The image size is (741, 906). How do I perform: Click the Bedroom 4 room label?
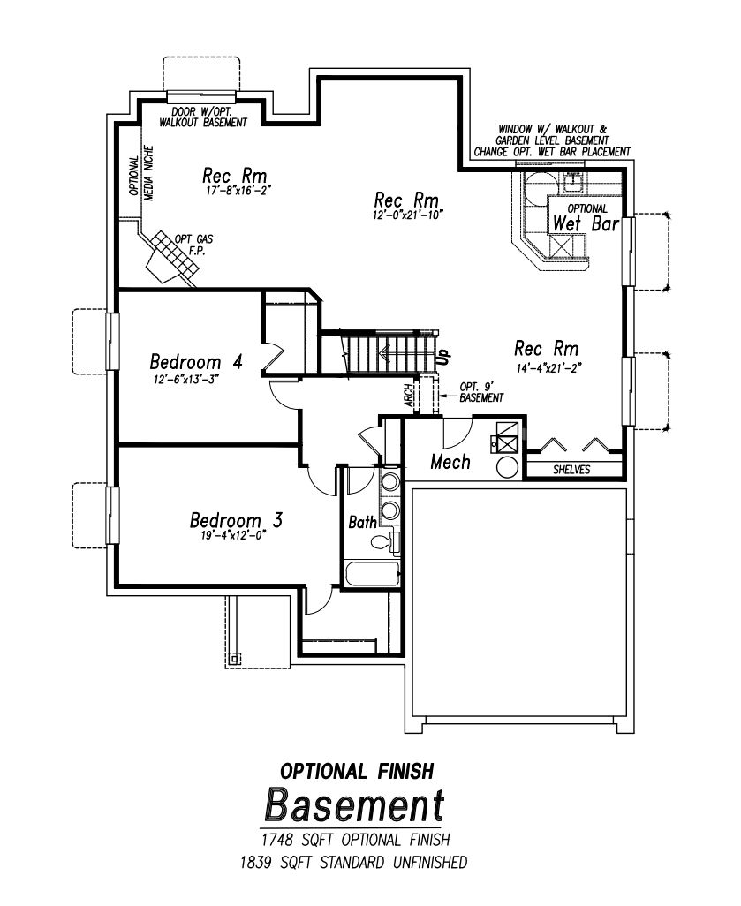[x=196, y=362]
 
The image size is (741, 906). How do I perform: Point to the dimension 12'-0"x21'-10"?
[x=407, y=214]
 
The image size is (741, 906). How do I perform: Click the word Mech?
[x=450, y=462]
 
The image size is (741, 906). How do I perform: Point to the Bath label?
[x=362, y=523]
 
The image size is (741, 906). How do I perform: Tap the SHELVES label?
[x=572, y=470]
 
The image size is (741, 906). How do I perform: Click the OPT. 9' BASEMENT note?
[x=481, y=393]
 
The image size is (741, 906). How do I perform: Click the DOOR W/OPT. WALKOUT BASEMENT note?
[x=202, y=117]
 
